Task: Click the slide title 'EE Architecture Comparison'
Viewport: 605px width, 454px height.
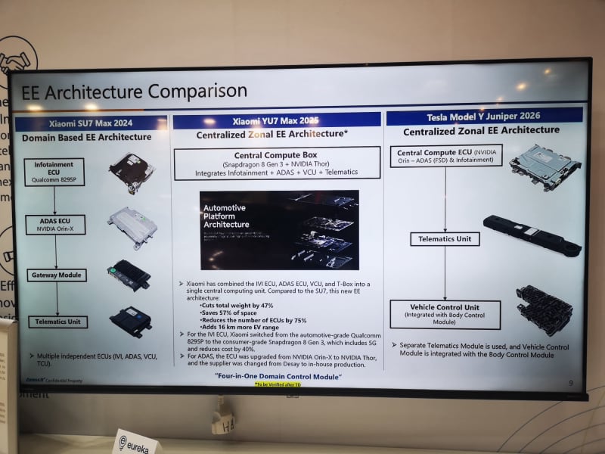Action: (x=134, y=92)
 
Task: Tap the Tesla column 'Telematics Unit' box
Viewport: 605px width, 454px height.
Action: (x=445, y=238)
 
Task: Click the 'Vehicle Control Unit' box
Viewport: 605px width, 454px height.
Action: (x=445, y=314)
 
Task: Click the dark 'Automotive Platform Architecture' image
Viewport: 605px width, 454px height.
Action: (x=279, y=230)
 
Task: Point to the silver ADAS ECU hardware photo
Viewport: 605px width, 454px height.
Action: (x=132, y=225)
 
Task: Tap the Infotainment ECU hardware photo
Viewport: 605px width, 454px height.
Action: (x=131, y=171)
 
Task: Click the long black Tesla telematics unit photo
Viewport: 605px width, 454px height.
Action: (x=532, y=235)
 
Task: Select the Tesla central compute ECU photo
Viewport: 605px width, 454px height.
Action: (x=544, y=166)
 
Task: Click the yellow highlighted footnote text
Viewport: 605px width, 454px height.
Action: (x=278, y=384)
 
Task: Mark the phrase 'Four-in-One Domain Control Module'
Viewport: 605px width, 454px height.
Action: (x=278, y=376)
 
